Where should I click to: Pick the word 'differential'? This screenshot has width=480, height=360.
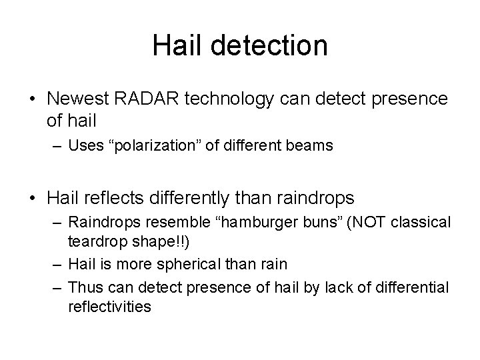tap(413, 287)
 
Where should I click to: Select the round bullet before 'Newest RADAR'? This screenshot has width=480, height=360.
tap(31, 100)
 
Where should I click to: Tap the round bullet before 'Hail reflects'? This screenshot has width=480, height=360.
tap(31, 197)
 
